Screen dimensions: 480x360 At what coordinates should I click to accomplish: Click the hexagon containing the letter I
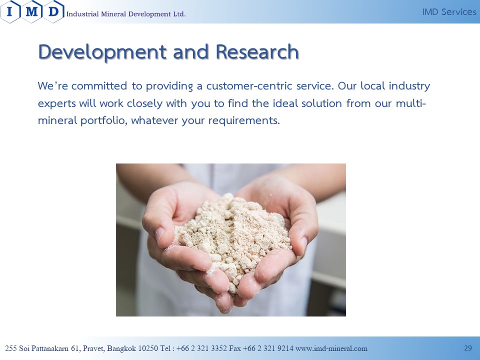pos(10,11)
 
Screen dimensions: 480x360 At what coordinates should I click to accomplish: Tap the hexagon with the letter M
pos(32,11)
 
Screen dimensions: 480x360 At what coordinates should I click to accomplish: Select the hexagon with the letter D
pos(53,11)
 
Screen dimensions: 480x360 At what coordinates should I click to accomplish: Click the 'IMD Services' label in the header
pos(449,12)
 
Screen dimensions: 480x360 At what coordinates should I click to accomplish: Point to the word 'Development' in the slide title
pos(102,52)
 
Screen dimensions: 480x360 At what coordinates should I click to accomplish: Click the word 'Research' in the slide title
pos(257,51)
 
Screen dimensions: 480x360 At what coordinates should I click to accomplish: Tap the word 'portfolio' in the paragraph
pos(103,120)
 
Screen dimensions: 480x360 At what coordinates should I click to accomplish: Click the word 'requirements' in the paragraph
pos(244,120)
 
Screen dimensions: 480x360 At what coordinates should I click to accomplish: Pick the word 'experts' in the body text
pos(57,103)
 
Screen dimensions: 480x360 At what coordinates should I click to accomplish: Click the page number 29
pos(468,348)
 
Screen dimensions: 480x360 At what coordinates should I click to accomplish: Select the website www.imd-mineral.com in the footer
pos(331,348)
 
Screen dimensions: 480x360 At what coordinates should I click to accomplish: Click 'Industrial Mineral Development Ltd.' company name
pos(126,14)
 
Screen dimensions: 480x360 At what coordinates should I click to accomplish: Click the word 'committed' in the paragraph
pos(99,85)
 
